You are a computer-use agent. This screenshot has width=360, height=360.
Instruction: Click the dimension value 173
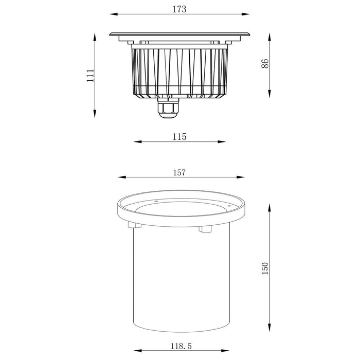pos(179,9)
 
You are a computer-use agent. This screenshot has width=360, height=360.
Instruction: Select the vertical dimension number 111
pos(91,76)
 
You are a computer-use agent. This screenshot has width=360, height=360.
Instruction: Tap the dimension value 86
pos(265,64)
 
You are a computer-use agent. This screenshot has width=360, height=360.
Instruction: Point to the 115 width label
pos(179,136)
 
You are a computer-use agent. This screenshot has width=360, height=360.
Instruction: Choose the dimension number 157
pos(179,172)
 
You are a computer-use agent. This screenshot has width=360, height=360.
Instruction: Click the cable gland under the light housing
pos(168,109)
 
